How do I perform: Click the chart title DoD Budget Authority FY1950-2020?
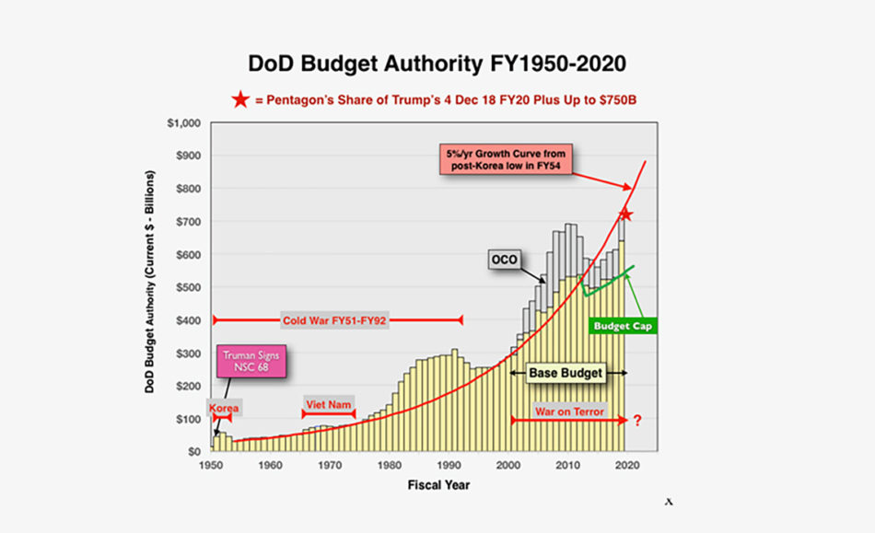click(437, 64)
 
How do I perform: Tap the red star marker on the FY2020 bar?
click(624, 214)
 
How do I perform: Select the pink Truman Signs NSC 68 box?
click(251, 361)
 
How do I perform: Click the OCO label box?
click(505, 261)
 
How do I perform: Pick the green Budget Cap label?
click(623, 326)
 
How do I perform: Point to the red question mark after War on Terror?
click(636, 420)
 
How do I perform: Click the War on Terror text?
click(569, 411)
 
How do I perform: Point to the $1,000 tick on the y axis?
click(183, 122)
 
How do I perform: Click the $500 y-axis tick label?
click(187, 287)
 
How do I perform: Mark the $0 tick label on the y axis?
click(194, 452)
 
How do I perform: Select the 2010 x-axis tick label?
click(568, 465)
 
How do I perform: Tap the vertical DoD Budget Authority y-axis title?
click(148, 288)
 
